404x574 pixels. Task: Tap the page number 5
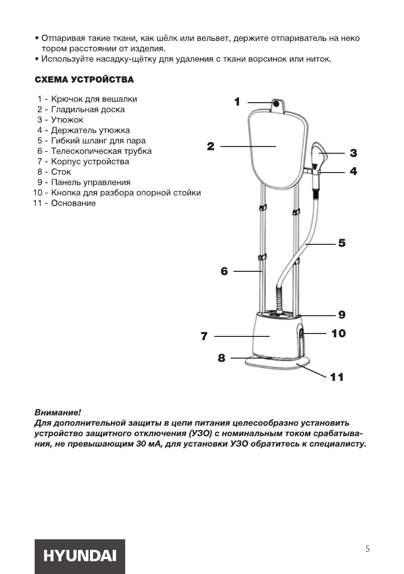pos(367,549)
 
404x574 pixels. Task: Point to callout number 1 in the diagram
pos(237,102)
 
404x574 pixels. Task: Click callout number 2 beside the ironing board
pos(210,147)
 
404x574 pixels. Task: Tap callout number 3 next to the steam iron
pos(353,153)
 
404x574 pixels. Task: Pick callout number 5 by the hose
pos(341,243)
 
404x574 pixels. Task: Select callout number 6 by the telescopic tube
pos(224,271)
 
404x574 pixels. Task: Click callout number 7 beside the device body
pos(204,336)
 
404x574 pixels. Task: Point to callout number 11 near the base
pos(337,377)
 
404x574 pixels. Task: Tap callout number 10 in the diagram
pos(339,333)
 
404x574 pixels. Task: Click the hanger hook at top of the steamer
pos(277,104)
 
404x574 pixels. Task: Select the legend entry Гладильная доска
pos(87,109)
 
